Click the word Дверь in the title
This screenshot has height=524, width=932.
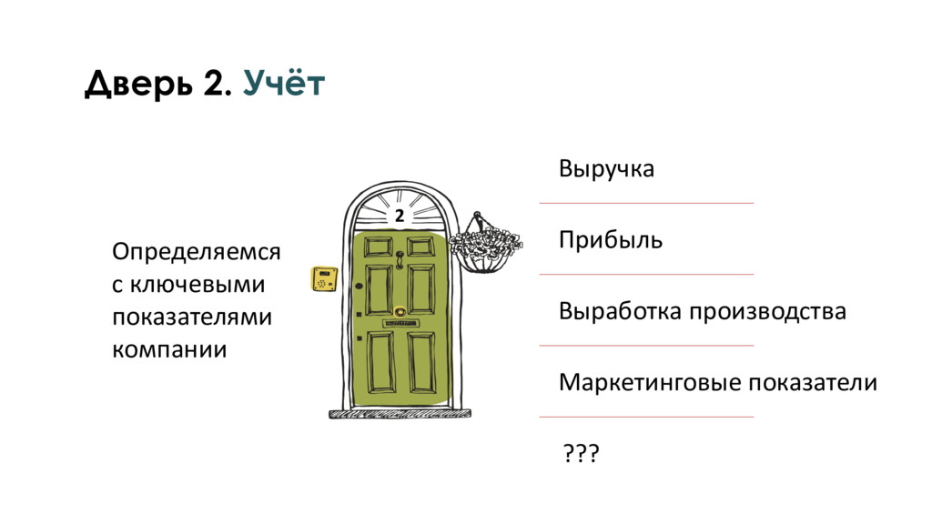137,85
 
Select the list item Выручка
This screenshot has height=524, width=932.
606,170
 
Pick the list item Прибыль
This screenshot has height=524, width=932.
610,241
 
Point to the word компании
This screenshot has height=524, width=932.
168,349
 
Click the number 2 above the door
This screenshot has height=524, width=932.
399,217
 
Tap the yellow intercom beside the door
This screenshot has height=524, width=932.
323,278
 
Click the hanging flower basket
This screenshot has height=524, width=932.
483,244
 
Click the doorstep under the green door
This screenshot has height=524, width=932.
400,413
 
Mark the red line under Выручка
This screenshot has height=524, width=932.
646,203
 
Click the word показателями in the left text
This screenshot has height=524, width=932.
191,317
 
